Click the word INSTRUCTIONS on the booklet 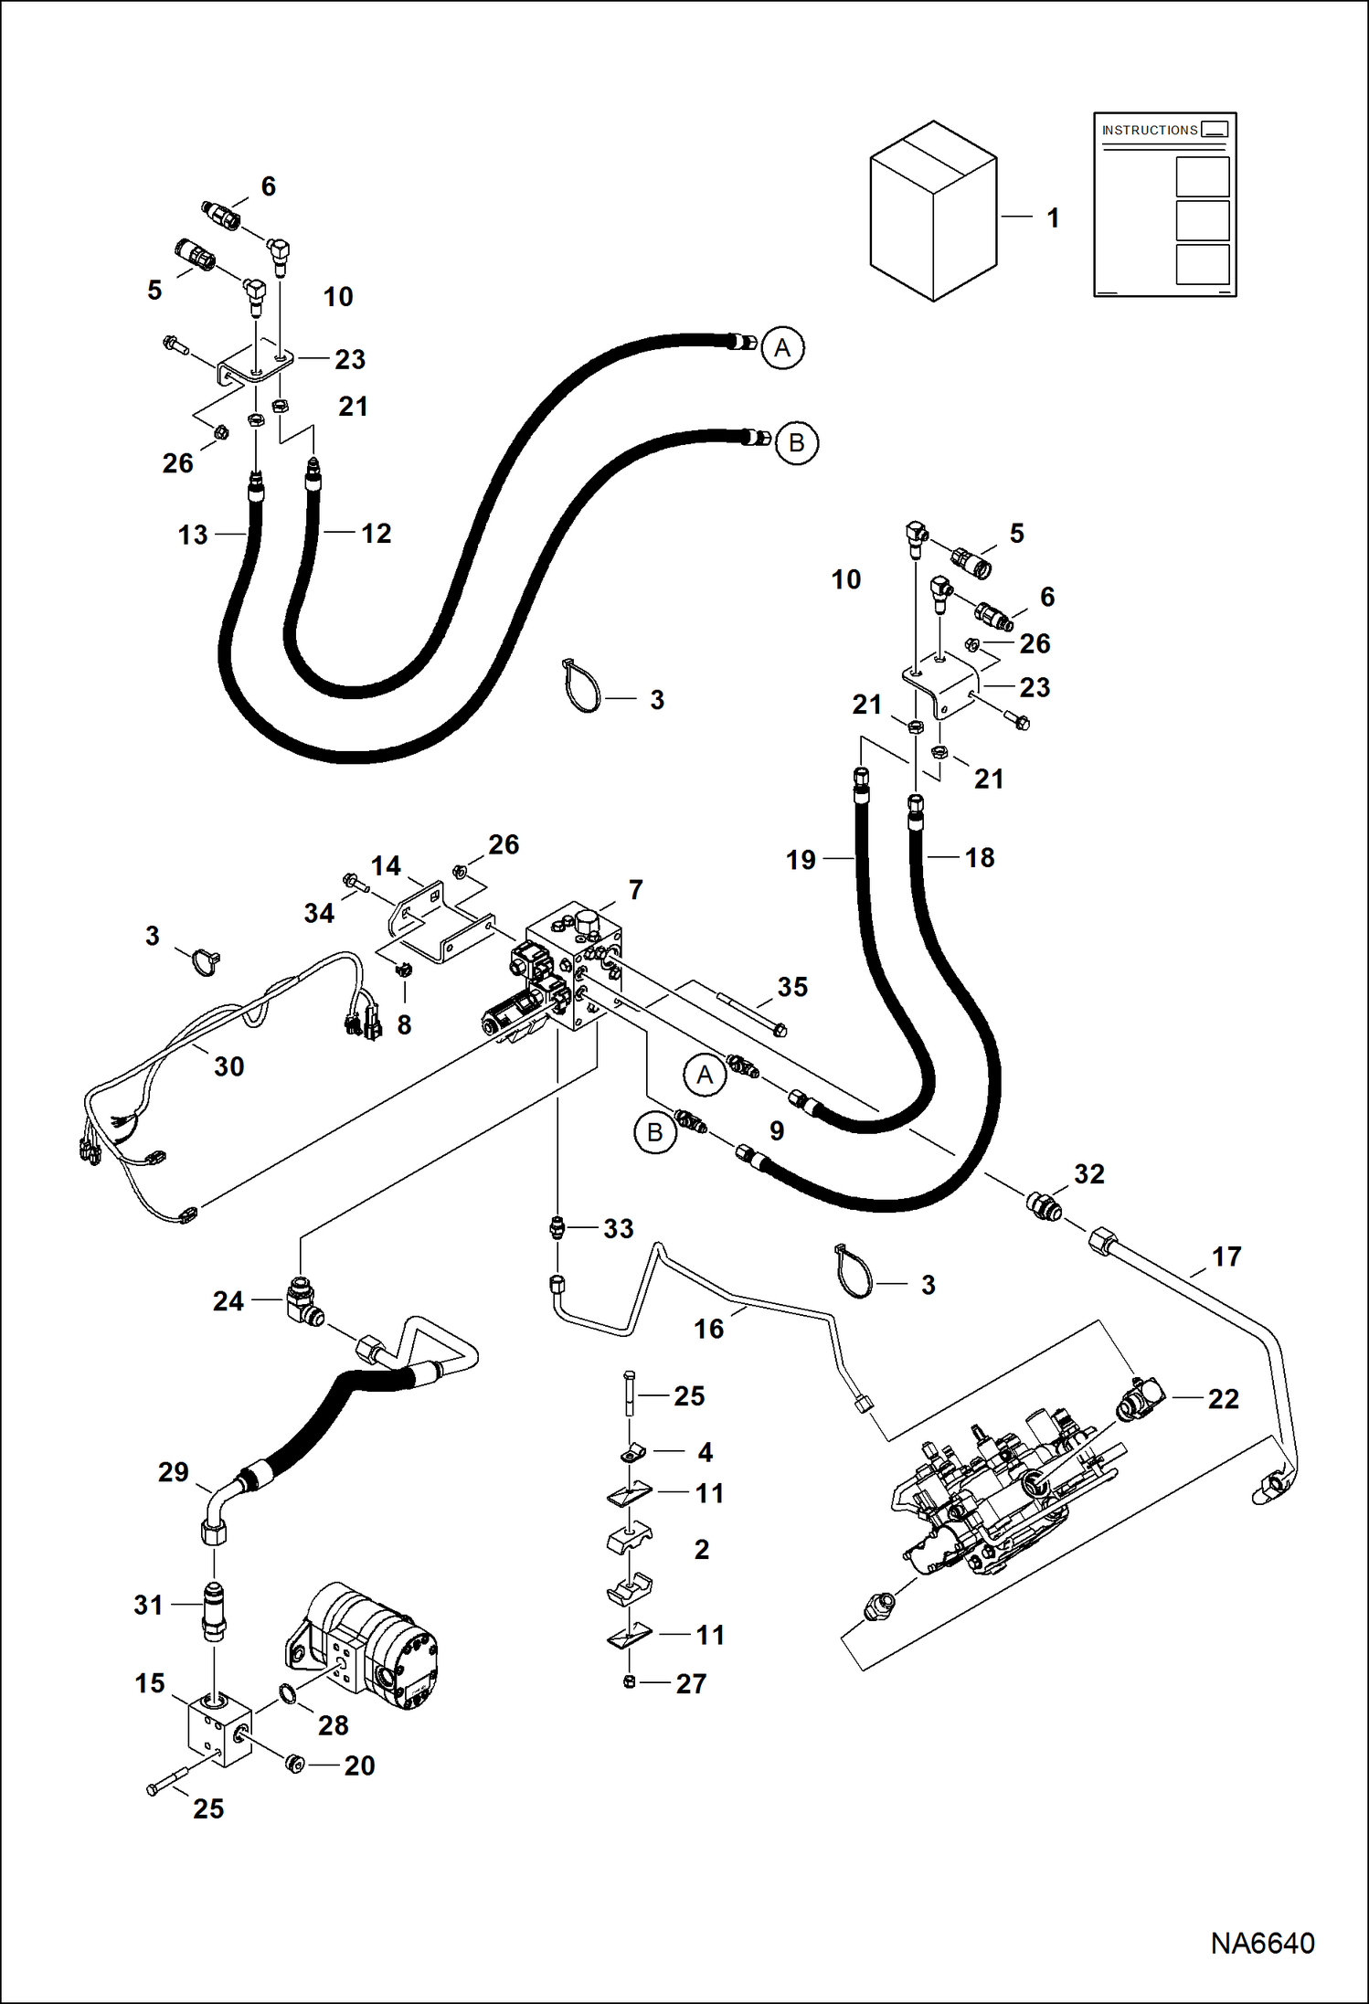[1149, 131]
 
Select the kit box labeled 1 [933, 212]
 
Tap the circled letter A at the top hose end [782, 348]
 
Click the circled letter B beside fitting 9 [654, 1133]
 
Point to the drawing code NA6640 [1262, 1943]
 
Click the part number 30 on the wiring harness [228, 1066]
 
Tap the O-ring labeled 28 [287, 1694]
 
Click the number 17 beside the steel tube [1226, 1256]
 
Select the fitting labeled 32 [1045, 1205]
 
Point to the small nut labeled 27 [629, 1682]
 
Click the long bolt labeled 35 [749, 1014]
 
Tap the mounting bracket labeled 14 [430, 923]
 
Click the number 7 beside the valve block [636, 889]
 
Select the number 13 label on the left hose [193, 535]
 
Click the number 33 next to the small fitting [618, 1229]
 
